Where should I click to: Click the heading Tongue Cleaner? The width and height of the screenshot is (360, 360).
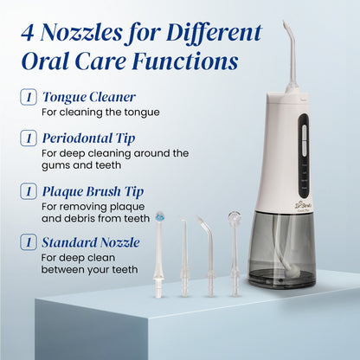click(88, 97)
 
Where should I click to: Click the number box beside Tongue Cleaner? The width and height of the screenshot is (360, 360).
click(27, 97)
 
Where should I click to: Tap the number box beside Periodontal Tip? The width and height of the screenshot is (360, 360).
click(27, 138)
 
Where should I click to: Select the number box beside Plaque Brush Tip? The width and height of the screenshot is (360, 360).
click(27, 191)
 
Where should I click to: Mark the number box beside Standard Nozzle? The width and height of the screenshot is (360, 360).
click(27, 245)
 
